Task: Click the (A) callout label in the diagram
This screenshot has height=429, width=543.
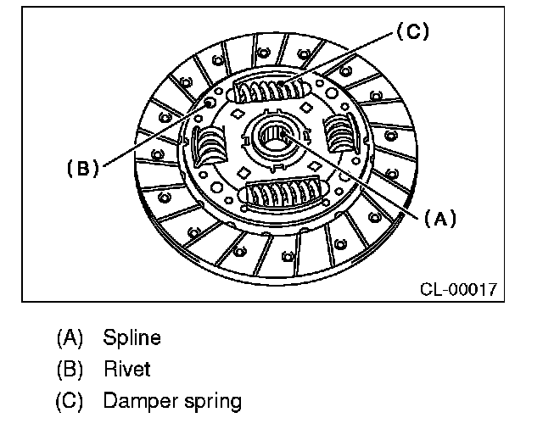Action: coord(439,218)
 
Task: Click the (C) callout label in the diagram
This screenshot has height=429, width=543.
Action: coord(411,32)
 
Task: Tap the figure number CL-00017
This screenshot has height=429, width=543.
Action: coord(458,289)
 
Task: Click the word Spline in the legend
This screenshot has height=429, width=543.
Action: coord(132,337)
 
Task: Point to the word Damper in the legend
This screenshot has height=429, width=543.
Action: coord(139,400)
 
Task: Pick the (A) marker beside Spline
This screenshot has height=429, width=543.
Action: coord(70,337)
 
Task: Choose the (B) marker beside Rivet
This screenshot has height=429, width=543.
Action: coord(70,369)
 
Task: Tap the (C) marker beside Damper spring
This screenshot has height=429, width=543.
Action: coord(70,400)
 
